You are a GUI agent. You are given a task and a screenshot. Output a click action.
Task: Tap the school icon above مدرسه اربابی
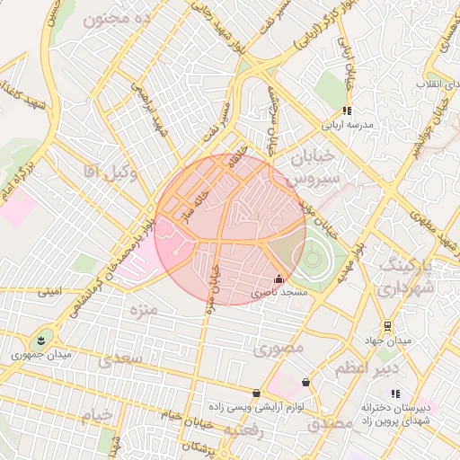346,111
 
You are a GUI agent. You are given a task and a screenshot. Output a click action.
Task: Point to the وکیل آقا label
110,172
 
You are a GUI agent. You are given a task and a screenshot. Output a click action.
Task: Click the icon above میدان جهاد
386,326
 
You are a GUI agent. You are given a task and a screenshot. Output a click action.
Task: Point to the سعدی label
121,359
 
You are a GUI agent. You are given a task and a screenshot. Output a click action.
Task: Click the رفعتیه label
243,431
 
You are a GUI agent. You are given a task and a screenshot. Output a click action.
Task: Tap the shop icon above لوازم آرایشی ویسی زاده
258,393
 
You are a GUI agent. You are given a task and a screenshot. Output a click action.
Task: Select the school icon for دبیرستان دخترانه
395,394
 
